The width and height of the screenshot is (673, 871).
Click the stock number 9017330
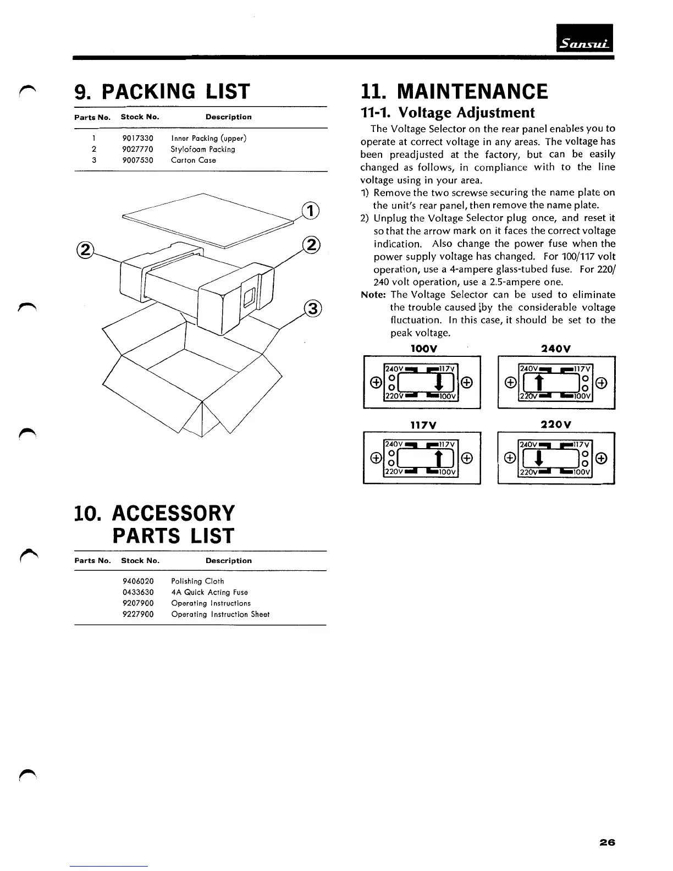(137, 138)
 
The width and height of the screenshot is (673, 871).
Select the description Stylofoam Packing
(202, 149)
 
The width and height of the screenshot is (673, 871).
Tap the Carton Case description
(193, 160)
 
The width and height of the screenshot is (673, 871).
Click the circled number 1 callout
(311, 211)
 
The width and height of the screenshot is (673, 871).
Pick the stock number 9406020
(137, 581)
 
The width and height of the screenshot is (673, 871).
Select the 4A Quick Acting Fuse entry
(209, 592)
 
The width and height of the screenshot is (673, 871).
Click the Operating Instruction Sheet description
(220, 614)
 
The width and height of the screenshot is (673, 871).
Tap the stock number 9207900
(137, 603)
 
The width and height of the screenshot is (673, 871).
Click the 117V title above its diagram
(422, 425)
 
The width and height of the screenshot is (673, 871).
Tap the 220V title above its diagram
(555, 425)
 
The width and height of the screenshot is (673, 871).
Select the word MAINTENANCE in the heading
(472, 91)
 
